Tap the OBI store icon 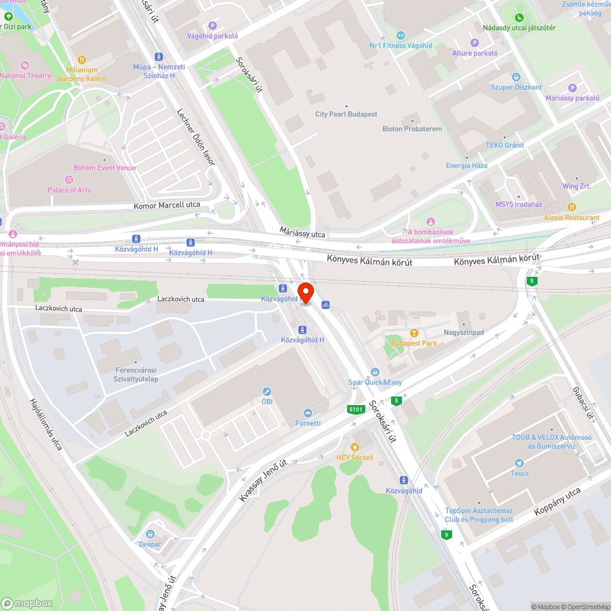click(x=266, y=391)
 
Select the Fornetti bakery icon click(x=307, y=413)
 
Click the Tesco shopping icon click(x=519, y=463)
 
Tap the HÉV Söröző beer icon click(x=355, y=447)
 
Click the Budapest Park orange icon click(x=414, y=333)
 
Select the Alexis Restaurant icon click(x=572, y=207)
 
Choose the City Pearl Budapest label click(x=346, y=114)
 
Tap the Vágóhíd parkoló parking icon click(x=213, y=25)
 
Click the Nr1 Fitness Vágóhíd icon click(x=401, y=35)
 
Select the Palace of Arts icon click(x=69, y=180)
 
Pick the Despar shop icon click(x=150, y=534)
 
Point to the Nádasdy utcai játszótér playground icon click(x=519, y=17)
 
